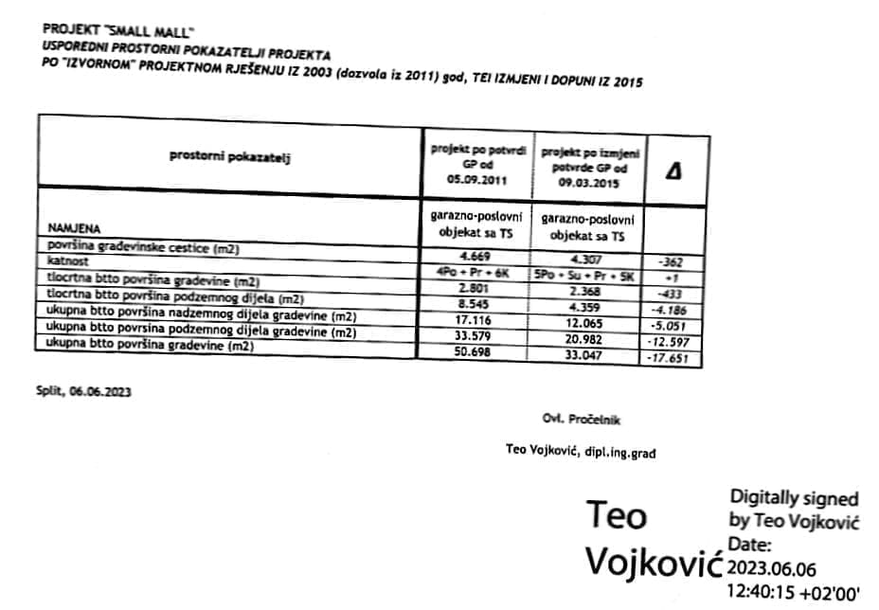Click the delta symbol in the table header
point(676,171)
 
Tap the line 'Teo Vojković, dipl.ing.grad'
point(582,452)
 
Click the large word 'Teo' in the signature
point(617,515)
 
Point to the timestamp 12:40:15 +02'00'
point(793,594)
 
